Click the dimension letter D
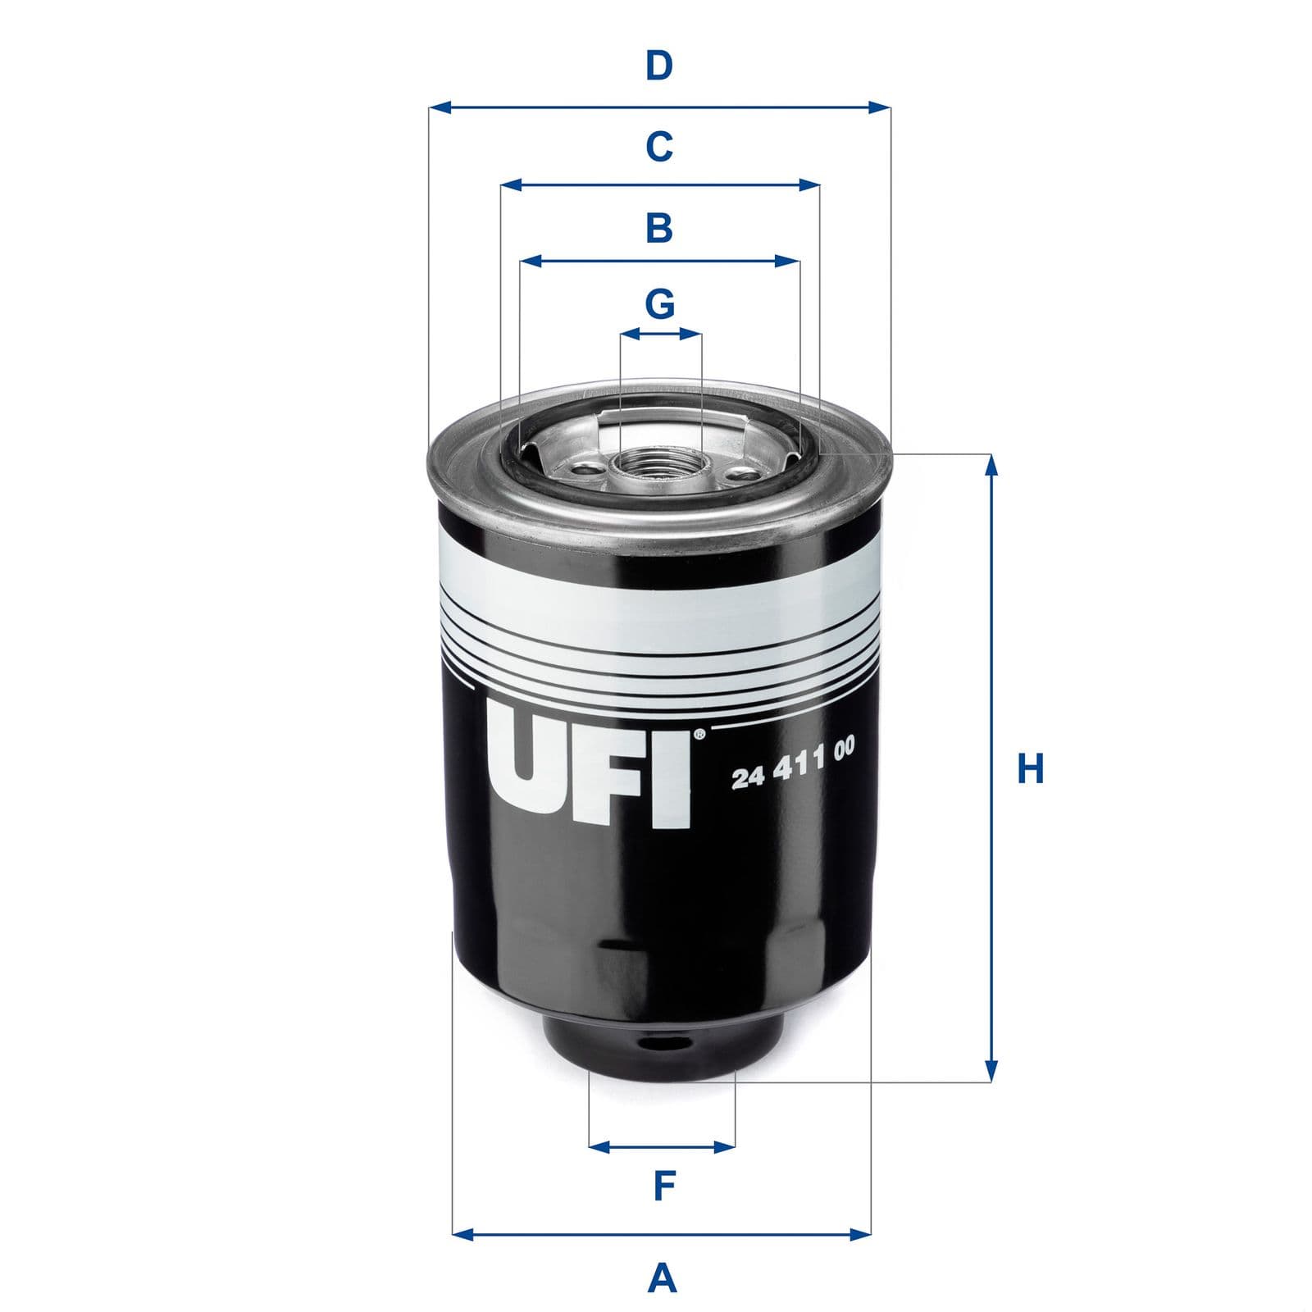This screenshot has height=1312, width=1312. (x=658, y=66)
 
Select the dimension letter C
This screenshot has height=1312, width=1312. (x=659, y=147)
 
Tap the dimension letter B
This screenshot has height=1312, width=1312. (x=659, y=227)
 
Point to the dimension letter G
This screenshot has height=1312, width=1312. (x=660, y=303)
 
